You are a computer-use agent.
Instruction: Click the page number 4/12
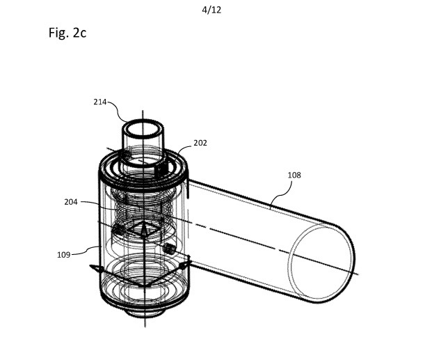pos(211,10)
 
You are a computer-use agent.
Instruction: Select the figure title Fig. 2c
pos(67,33)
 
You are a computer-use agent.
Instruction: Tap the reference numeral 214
pos(100,102)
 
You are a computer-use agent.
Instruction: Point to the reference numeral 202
pos(200,143)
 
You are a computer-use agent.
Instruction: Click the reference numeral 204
pos(71,202)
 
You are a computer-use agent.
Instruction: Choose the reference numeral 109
pos(64,255)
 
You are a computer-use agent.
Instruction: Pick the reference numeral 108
pos(294,175)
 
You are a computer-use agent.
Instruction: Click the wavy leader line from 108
pos(282,194)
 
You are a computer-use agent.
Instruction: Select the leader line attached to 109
pos(86,251)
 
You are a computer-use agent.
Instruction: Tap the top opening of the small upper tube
pos(143,128)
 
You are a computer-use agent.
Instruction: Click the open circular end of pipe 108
pos(321,262)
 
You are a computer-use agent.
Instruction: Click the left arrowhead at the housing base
pos(95,268)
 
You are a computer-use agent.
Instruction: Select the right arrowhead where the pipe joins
pos(186,265)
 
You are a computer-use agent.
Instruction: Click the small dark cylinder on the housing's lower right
pos(170,248)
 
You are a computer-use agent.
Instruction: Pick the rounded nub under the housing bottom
pos(145,313)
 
